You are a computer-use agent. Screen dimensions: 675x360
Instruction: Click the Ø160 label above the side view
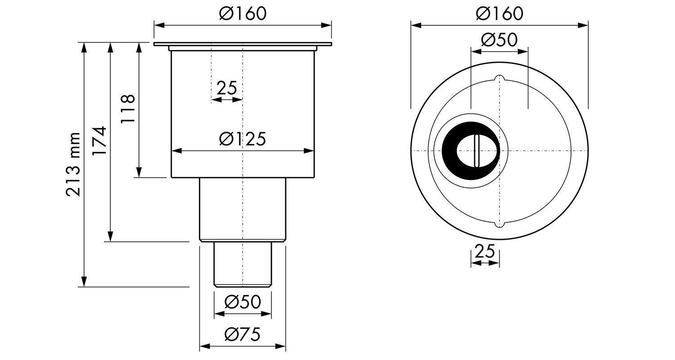(243, 13)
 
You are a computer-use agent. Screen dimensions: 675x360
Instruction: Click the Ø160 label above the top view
(499, 13)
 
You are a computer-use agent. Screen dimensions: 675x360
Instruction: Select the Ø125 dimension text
(243, 139)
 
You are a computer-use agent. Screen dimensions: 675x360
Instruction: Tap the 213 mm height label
(73, 165)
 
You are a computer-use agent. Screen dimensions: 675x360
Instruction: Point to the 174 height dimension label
(99, 141)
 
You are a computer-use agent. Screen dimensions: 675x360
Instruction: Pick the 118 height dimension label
(128, 108)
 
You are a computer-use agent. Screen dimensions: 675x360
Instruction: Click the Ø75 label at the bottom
(243, 334)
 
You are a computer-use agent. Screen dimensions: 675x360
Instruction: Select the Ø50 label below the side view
(243, 302)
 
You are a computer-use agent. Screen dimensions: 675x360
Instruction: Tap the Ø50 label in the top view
(499, 40)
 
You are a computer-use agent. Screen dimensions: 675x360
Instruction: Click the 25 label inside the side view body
(227, 88)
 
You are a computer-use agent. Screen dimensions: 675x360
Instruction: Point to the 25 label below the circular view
(485, 251)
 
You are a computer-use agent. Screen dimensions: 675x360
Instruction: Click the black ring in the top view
(470, 151)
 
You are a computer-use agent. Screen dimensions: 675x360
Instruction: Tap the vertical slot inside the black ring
(477, 151)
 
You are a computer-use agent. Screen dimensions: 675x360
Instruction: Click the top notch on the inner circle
(499, 78)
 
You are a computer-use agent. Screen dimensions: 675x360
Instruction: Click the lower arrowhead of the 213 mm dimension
(85, 281)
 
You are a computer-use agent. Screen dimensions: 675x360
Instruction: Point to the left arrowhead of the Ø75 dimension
(205, 347)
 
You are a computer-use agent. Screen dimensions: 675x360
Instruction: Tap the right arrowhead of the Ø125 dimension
(309, 151)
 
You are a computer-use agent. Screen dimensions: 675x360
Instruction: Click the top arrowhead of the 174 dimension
(110, 48)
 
